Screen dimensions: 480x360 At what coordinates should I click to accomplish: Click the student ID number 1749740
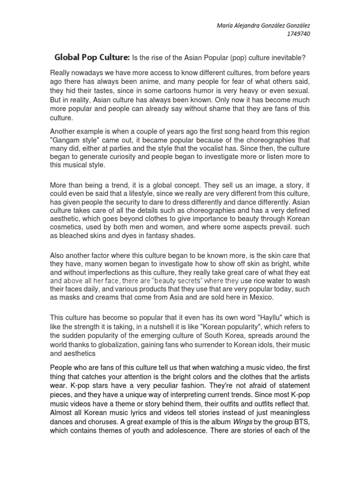click(297, 34)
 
